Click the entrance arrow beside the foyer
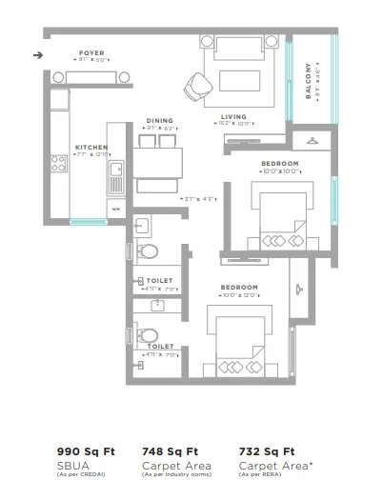tap(37, 55)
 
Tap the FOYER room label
tap(91, 53)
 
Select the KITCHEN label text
tap(91, 148)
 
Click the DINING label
tap(159, 121)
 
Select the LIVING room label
tap(233, 116)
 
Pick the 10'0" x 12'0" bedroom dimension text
tap(239, 295)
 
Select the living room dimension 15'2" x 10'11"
tap(233, 124)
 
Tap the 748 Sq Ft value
tap(170, 452)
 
